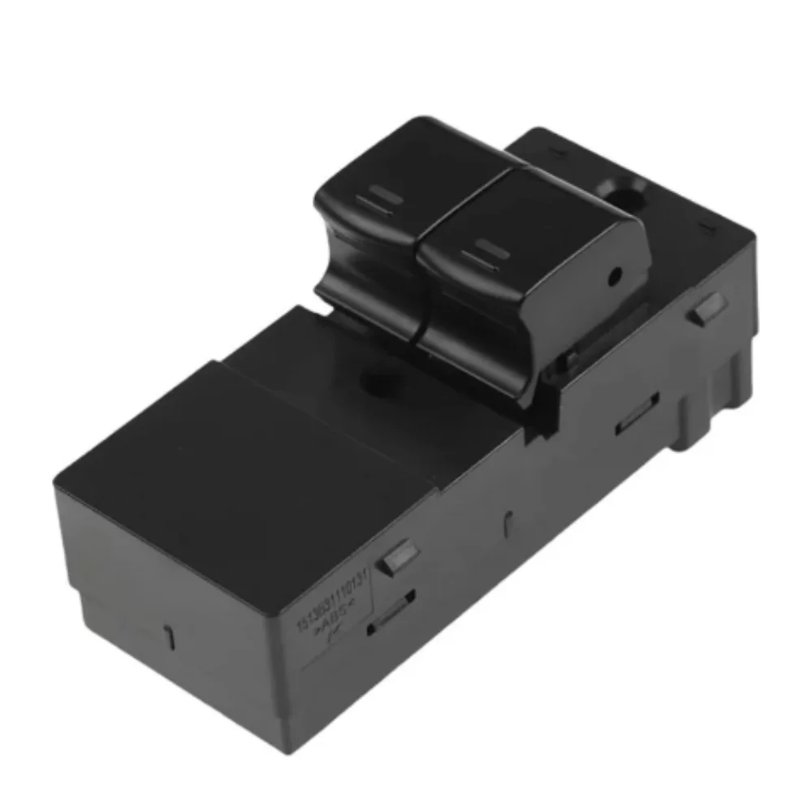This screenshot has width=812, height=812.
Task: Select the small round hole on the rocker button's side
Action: [615, 276]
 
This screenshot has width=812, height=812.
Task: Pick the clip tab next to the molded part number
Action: [398, 558]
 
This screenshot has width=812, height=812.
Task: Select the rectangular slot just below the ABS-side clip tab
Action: [391, 611]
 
